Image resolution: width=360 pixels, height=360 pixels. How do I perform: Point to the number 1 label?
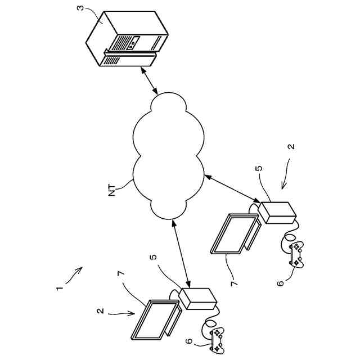[58, 289]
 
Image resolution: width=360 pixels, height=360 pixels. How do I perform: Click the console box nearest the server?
[275, 212]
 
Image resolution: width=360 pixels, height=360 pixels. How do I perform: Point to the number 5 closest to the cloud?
[259, 168]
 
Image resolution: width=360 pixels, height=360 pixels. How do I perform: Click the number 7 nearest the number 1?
[119, 273]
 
